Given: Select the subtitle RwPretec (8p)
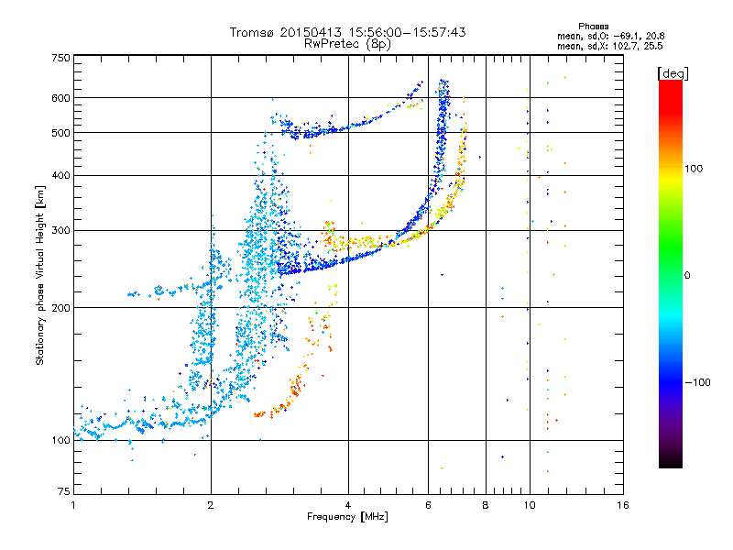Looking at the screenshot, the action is (347, 44).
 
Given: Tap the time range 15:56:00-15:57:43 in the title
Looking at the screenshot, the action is (407, 32).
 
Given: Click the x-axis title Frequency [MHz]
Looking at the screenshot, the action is (347, 517).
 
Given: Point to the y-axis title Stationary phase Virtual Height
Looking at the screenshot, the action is (39, 275).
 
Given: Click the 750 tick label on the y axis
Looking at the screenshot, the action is (60, 58).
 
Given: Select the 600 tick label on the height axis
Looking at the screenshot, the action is (60, 98).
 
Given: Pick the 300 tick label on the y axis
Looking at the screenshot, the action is (60, 231).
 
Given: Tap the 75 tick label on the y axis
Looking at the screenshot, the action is (64, 491).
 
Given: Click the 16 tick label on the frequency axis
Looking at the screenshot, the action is (623, 506).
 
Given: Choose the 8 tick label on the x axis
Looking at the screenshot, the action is (486, 506).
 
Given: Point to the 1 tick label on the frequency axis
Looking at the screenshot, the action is (73, 506).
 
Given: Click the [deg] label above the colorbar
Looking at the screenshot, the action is (673, 74).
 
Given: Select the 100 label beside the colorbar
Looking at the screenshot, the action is (694, 169).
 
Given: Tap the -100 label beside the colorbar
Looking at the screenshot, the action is (697, 382).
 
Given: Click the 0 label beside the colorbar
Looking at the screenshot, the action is (687, 276).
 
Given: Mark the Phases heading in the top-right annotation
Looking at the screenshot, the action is (593, 27).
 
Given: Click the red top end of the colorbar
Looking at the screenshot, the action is (671, 82).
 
